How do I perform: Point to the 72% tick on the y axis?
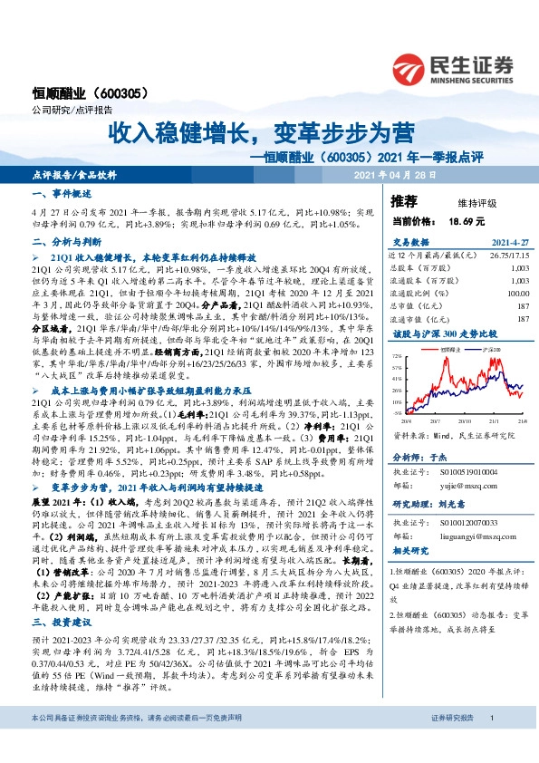coord(397,357)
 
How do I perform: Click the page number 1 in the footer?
coord(490,743)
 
